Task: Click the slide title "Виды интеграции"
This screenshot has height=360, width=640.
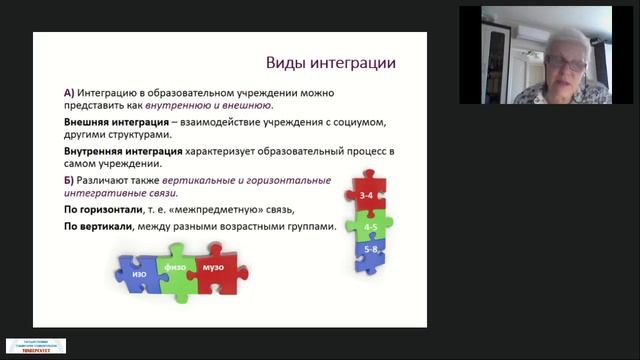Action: [329, 63]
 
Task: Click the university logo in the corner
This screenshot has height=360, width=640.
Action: [36, 345]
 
